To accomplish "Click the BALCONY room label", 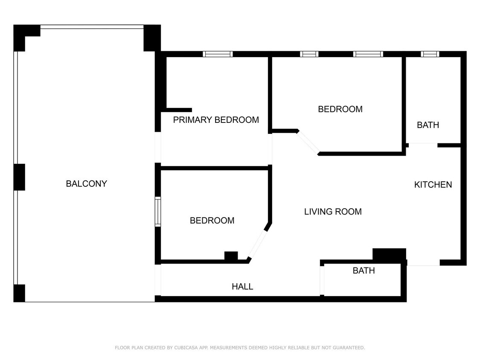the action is (87, 184).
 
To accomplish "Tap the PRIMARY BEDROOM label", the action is (216, 120).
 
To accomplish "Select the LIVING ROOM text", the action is (333, 212).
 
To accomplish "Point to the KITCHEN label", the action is (433, 185).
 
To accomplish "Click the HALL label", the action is (242, 287).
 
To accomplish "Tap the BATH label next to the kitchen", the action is (428, 125).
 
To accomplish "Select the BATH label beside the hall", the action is (364, 270).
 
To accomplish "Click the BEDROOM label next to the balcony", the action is (212, 221).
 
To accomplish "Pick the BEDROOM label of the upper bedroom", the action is (340, 109).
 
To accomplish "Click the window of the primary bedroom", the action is (218, 54).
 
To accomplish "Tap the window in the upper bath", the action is (430, 54).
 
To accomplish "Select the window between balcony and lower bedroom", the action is (157, 212).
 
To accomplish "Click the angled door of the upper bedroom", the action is (308, 142).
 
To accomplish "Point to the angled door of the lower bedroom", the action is (257, 244).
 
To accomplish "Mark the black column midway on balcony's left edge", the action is (19, 177).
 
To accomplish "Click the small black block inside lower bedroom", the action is (231, 256).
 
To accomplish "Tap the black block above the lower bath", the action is (389, 254).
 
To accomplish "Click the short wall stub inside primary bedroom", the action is (179, 110).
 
